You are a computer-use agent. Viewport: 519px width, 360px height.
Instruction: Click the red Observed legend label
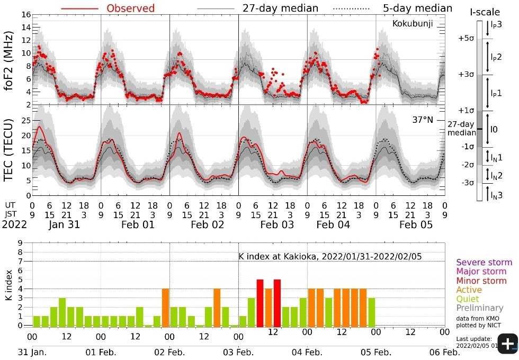tap(131, 8)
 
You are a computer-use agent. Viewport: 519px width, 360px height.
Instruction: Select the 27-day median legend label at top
tap(280, 8)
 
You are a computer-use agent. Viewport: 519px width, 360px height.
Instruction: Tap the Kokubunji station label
tap(413, 23)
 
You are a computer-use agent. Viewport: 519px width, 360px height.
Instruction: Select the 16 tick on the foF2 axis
tap(25, 14)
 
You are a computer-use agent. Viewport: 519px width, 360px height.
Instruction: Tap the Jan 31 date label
tap(65, 224)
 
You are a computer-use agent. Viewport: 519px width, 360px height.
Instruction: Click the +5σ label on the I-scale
tap(466, 38)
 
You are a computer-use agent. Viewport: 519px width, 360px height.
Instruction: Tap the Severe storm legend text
tap(484, 262)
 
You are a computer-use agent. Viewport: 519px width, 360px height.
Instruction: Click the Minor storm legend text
tap(481, 281)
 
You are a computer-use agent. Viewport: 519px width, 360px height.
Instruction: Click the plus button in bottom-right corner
tap(507, 344)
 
